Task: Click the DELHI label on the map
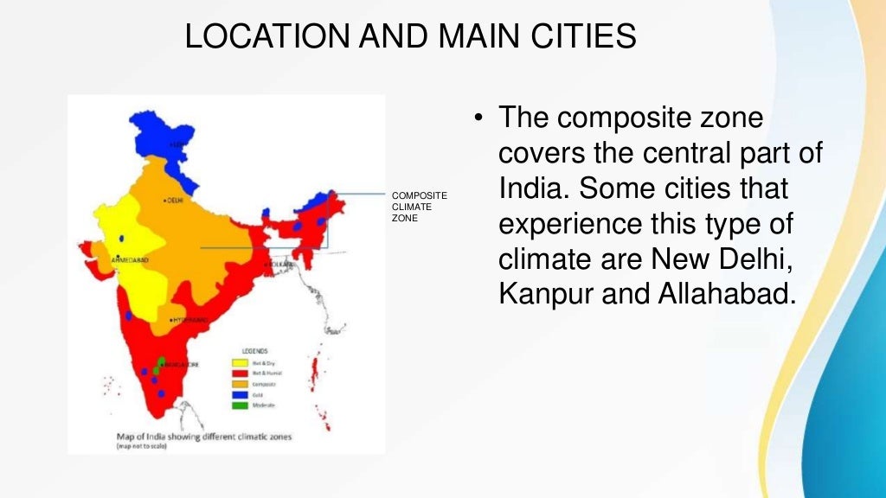(173, 201)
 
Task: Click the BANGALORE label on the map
(182, 365)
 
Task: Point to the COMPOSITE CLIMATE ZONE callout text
(420, 207)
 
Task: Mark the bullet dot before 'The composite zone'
(477, 118)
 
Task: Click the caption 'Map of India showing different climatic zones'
(204, 437)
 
